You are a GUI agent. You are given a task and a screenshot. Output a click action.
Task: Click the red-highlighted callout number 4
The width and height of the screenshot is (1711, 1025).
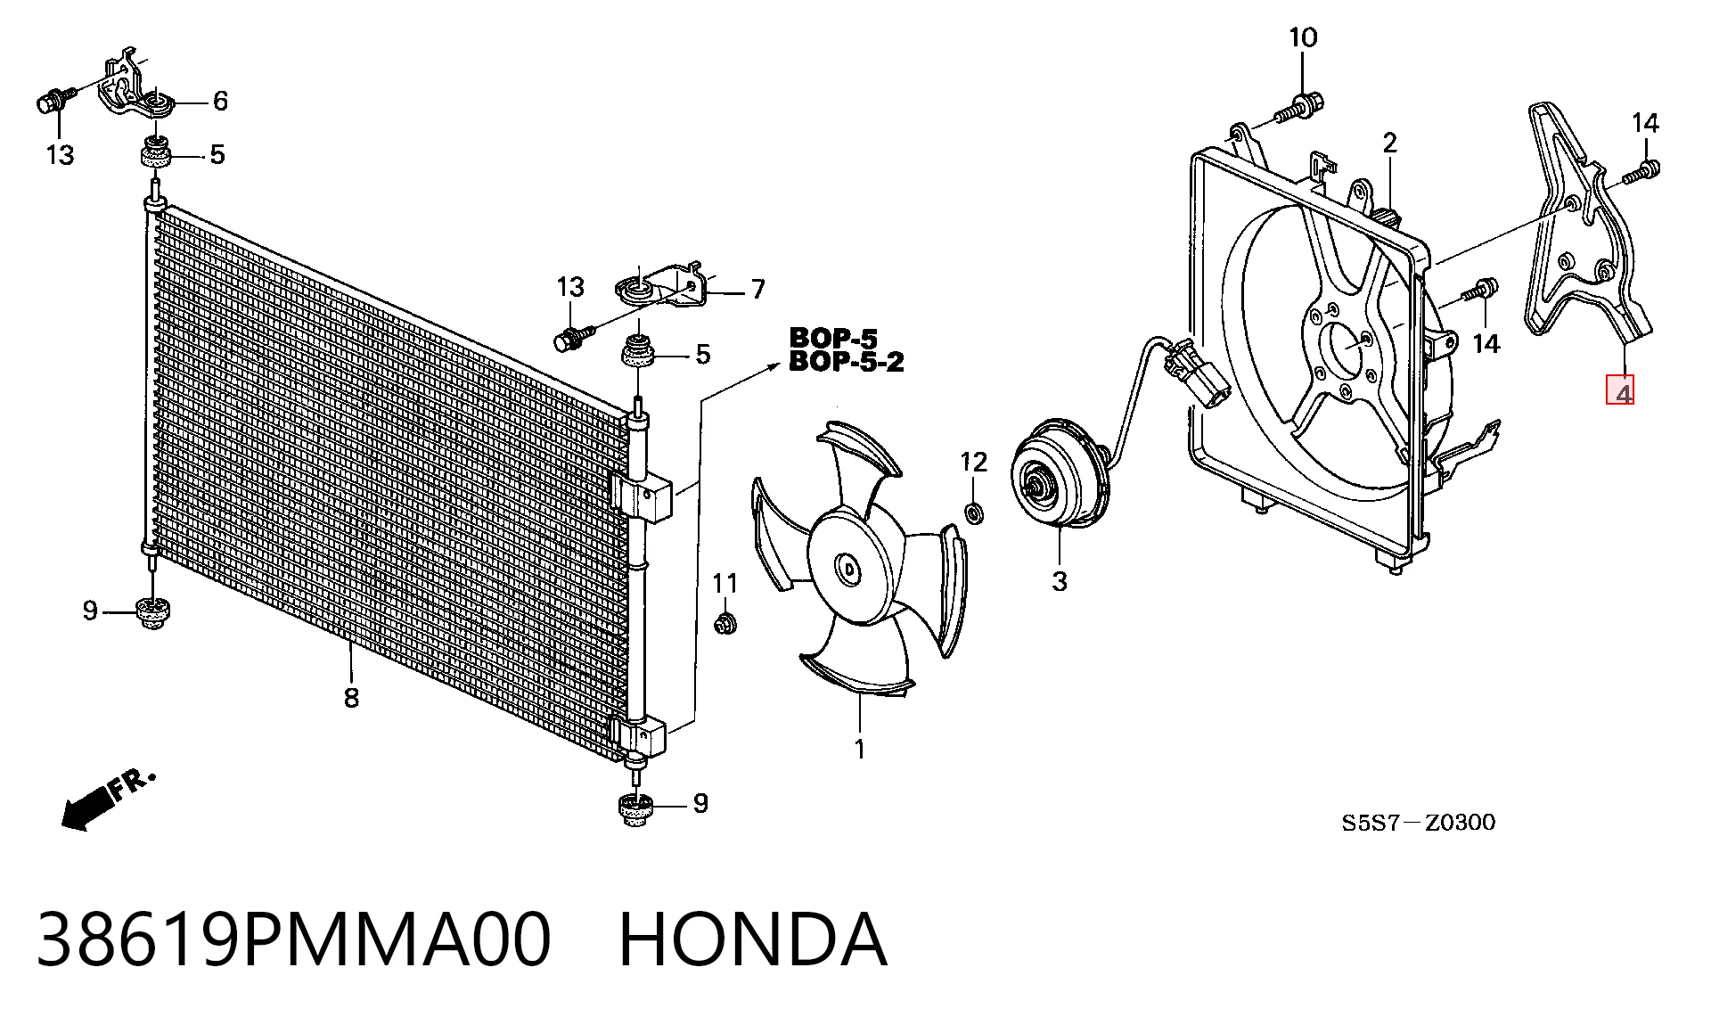click(x=1619, y=390)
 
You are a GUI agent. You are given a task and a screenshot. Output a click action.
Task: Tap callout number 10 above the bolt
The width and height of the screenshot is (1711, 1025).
click(x=1302, y=37)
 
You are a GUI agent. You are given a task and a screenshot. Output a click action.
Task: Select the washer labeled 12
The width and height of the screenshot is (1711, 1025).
click(x=974, y=512)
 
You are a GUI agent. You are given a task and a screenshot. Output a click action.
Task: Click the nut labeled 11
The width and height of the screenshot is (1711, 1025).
click(x=725, y=622)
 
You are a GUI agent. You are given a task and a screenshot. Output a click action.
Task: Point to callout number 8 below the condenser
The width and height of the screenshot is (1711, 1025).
click(x=351, y=697)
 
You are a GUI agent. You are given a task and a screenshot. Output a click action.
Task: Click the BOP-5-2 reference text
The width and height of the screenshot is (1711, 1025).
click(x=847, y=362)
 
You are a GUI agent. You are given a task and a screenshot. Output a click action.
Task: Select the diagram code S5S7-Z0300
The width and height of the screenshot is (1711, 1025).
click(x=1419, y=822)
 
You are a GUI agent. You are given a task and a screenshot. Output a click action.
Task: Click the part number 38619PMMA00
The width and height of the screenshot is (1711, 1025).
click(x=293, y=939)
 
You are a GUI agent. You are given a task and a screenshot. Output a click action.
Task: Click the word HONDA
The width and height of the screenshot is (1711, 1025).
click(x=753, y=939)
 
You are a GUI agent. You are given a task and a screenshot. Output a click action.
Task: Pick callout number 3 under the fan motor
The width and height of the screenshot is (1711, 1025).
click(x=1059, y=581)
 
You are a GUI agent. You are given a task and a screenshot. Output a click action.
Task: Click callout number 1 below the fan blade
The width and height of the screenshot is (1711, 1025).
click(x=860, y=750)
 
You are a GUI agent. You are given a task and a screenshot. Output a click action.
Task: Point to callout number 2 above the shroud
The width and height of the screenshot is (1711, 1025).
click(x=1390, y=143)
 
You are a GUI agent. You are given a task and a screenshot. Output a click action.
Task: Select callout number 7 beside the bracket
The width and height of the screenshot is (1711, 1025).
click(x=757, y=289)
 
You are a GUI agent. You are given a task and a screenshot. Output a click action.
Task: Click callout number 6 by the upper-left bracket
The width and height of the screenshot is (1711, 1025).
click(x=220, y=101)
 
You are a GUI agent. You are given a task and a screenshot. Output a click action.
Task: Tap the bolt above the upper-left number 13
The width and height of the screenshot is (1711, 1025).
click(x=53, y=101)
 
